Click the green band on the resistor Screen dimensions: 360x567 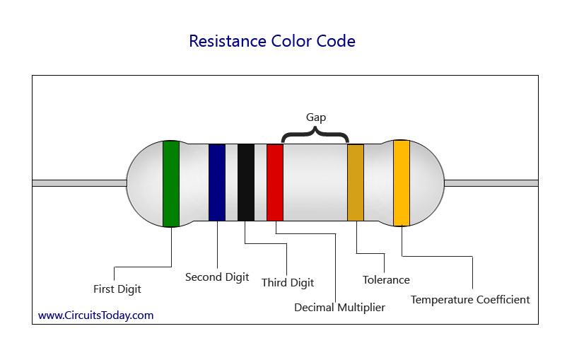point(171,184)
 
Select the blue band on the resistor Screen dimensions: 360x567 point(216,182)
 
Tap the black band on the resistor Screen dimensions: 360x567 point(245,182)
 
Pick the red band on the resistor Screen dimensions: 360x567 point(274,182)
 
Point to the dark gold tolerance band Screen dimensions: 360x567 point(355,182)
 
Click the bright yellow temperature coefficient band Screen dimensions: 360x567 point(402,182)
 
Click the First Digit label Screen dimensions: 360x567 point(117,289)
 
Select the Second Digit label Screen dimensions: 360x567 point(217,277)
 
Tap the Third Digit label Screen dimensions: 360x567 point(288,283)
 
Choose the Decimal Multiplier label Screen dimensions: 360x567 point(339,308)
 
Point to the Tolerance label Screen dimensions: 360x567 point(386,280)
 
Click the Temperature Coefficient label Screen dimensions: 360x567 point(470,300)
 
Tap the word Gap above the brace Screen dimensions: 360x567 point(316,117)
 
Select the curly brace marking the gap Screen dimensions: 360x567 point(315,135)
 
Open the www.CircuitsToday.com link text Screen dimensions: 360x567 point(95,315)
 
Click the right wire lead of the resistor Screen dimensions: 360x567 point(491,183)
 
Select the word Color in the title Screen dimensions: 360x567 point(290,41)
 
